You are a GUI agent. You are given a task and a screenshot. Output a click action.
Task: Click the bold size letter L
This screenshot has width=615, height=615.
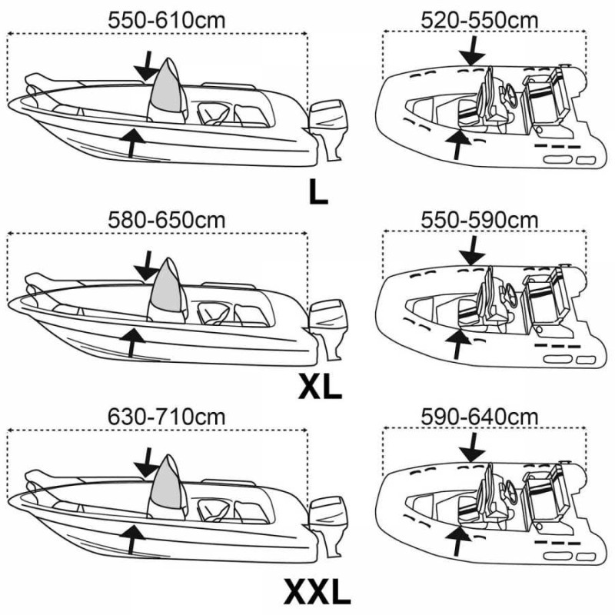coord(317,191)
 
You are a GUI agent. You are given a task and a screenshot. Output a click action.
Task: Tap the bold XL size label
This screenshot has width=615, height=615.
coord(319,388)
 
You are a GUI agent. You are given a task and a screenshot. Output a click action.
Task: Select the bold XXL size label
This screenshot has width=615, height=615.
coord(317,592)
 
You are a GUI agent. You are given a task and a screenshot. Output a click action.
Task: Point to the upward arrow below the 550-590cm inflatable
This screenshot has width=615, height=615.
coord(459,343)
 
